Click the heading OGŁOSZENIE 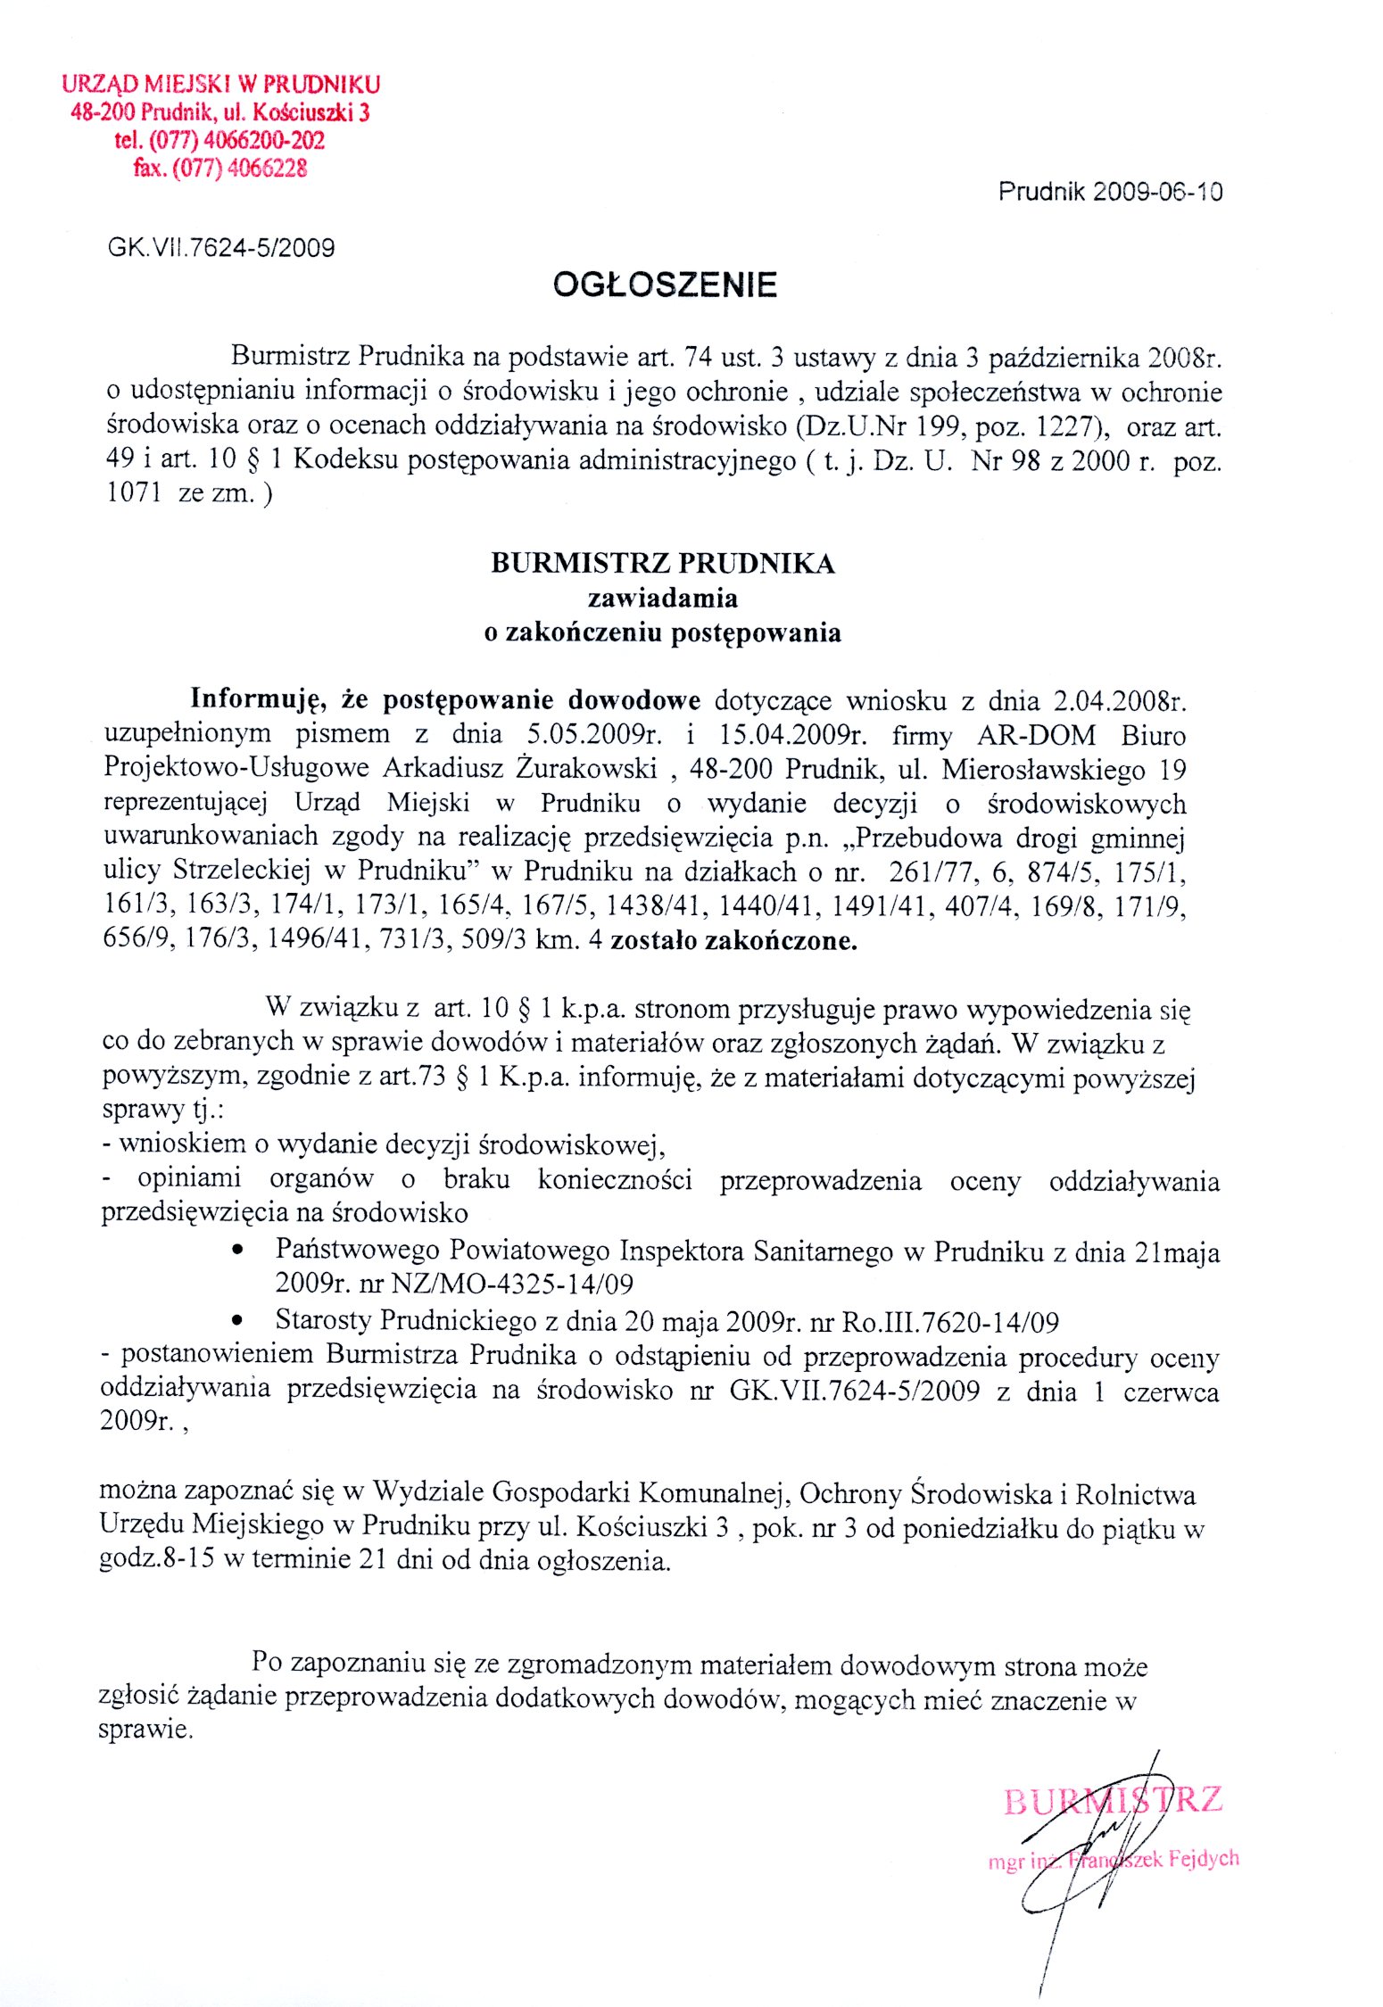pos(665,285)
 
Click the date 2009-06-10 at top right pos(1158,192)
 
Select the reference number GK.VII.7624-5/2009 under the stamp pos(221,247)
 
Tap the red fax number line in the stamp pos(220,168)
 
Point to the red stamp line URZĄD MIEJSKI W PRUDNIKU pos(221,85)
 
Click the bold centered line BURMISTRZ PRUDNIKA pos(663,564)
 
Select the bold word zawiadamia pos(662,598)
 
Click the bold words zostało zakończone pos(733,941)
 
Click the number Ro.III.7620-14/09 pos(947,1322)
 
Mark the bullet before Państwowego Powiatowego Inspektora pos(237,1251)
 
